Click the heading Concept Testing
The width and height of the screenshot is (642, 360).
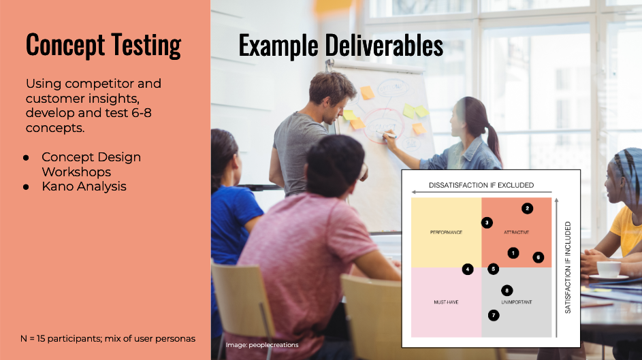click(103, 46)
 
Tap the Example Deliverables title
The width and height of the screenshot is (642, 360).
click(340, 46)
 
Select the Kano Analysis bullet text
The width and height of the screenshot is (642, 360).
click(84, 186)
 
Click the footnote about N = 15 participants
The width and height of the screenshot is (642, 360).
click(108, 339)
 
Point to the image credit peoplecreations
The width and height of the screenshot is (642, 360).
click(262, 345)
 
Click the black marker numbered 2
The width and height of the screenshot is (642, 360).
click(528, 209)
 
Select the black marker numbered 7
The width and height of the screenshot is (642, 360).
click(494, 315)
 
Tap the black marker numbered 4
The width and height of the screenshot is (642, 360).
click(468, 269)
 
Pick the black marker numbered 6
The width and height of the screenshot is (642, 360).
click(539, 257)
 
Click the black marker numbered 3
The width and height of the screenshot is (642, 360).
click(487, 223)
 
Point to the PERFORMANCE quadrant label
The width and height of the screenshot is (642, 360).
click(447, 232)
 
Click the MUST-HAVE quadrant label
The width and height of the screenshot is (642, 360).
click(447, 302)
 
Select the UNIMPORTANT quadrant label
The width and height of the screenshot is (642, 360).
click(517, 302)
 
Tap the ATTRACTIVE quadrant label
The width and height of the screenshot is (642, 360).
click(517, 232)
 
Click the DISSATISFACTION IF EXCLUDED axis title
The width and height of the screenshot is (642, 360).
click(481, 185)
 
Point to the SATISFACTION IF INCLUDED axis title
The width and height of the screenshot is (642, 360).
click(568, 267)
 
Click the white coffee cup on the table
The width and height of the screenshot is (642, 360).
click(609, 270)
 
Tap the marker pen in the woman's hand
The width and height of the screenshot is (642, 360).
click(388, 134)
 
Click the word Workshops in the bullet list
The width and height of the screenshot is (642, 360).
click(76, 172)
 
